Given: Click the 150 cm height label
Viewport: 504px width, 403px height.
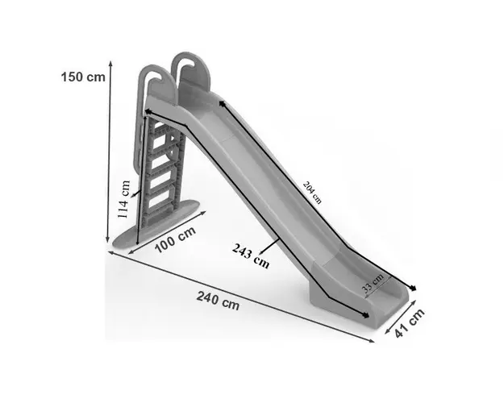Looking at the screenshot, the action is click(83, 77).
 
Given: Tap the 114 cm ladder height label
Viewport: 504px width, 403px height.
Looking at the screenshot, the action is click(123, 199).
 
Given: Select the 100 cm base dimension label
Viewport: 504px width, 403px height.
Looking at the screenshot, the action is click(176, 239).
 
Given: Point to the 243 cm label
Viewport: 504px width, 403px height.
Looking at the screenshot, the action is click(251, 256).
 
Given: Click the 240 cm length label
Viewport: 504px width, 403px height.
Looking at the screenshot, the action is click(218, 301).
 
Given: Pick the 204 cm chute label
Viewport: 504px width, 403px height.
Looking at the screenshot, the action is click(312, 193).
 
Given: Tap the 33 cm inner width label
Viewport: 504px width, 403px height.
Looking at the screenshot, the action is click(373, 283).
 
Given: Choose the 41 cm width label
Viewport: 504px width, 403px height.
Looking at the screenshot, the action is click(410, 323).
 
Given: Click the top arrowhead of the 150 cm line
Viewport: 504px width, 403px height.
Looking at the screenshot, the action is click(110, 64).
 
